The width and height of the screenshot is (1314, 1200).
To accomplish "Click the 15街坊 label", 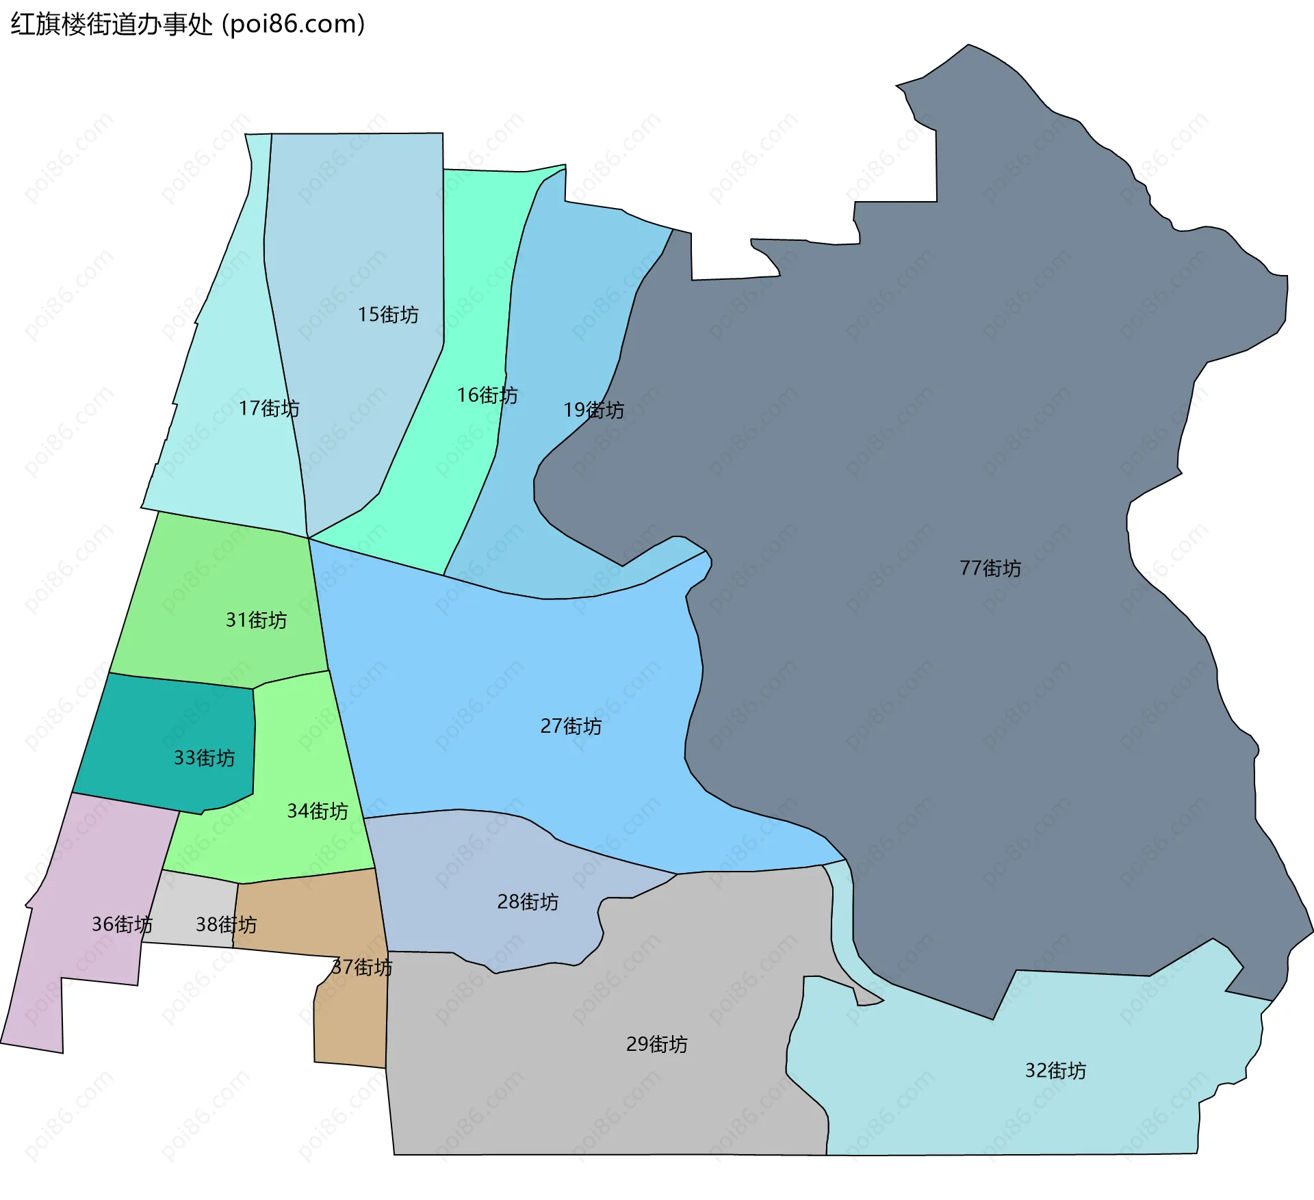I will pos(388,315).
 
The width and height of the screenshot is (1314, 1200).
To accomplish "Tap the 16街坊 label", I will pos(487,395).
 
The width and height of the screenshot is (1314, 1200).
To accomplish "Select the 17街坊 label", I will pos(269,408).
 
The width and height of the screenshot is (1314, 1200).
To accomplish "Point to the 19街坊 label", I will pos(593,410).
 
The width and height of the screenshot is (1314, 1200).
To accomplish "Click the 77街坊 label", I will pos(990,568).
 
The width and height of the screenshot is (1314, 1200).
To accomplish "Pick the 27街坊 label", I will pos(571,726).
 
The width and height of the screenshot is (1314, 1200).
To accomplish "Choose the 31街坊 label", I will pos(256,620).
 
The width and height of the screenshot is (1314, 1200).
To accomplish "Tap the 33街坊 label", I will pos(204,757).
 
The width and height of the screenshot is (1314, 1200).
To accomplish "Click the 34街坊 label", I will pos(318,811).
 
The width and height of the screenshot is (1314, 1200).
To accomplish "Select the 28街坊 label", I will pos(528,902).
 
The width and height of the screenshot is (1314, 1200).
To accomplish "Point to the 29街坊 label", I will pos(656,1044).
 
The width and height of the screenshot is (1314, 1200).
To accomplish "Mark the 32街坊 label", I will pos(1055,1071).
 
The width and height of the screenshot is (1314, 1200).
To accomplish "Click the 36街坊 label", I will pos(122,924).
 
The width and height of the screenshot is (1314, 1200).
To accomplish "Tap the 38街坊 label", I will pos(226,924).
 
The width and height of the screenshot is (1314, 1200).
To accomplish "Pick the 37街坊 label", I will pos(361,967).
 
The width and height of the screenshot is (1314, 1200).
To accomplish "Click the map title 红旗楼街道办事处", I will pos(112,24).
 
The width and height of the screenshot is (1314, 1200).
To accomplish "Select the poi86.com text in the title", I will pos(293,24).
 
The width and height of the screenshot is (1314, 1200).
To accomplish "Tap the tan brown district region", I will pos(349,1026).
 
